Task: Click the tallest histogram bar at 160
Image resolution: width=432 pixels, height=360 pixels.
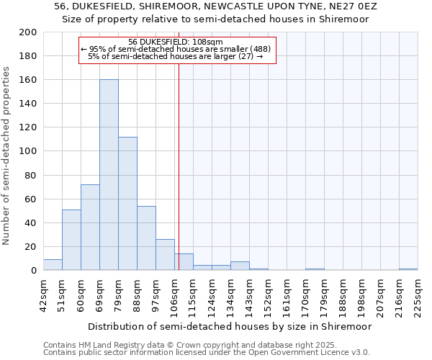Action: (x=109, y=175)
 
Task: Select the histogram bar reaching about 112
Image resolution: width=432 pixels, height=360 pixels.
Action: (x=127, y=204)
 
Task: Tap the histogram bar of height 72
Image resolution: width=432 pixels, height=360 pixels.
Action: (x=90, y=228)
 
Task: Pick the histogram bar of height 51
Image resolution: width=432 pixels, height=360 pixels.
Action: (x=71, y=240)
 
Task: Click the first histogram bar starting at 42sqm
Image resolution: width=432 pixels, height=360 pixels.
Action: (x=53, y=265)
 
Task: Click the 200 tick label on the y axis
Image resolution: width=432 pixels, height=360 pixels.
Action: (x=28, y=32)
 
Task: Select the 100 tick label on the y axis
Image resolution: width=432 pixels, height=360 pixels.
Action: (x=28, y=151)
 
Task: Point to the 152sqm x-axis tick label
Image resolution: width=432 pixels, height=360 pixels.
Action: (x=269, y=294)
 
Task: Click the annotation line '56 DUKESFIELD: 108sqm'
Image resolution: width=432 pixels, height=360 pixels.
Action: (x=176, y=42)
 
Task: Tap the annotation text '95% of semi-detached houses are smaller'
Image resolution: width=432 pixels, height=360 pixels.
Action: (x=176, y=49)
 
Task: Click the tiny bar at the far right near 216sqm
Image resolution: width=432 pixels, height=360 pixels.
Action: (x=408, y=269)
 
